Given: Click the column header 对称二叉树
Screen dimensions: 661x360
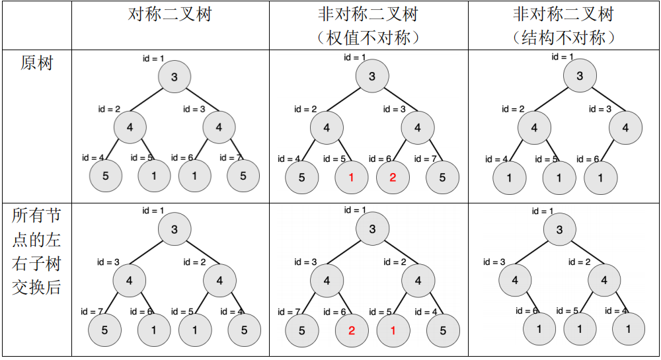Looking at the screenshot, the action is point(170,15).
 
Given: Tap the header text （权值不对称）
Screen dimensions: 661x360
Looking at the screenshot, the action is point(368,38).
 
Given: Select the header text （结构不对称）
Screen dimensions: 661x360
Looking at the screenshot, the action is point(564,38).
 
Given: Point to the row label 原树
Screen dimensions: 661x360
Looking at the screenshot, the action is point(36,63).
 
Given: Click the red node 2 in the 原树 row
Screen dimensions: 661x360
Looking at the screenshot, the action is point(393,178).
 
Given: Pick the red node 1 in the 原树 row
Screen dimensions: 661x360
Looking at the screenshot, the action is point(352,178).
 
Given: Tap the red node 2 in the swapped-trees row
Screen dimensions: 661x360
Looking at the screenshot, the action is point(352,331).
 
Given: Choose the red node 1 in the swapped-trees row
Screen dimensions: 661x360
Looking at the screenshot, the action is point(393,331).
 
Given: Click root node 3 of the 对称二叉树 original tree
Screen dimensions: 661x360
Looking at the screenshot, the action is point(175,77).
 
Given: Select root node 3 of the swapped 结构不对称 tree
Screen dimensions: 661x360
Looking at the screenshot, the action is point(559,230).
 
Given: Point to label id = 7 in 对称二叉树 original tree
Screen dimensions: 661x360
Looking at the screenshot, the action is point(231,158).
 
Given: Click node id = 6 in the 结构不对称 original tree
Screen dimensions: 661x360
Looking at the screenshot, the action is point(600,178).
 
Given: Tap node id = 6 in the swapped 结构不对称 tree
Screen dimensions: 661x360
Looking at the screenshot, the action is point(539,329).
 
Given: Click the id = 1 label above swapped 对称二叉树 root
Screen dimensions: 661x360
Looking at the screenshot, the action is point(153,211).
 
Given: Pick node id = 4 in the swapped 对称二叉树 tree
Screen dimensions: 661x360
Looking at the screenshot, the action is point(244,330).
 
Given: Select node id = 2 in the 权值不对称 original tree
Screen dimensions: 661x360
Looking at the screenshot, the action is point(327,128).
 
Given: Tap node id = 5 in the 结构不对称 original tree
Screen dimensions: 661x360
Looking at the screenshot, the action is point(559,178).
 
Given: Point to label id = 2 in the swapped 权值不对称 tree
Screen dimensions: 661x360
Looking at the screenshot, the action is point(395,262).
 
